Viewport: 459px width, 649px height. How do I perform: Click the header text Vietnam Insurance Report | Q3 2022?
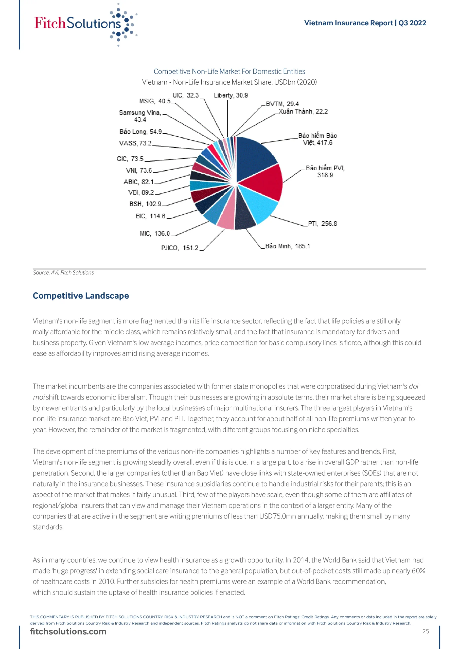365,23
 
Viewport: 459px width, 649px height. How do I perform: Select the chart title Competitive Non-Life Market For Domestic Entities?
229,71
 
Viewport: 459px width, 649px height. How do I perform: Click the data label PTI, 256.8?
322,224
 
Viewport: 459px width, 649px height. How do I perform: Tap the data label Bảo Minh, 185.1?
288,246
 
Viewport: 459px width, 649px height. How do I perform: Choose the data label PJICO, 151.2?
180,248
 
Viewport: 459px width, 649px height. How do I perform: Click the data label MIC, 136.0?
155,233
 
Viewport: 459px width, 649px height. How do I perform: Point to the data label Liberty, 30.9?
231,95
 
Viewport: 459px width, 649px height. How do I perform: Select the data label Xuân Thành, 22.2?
303,111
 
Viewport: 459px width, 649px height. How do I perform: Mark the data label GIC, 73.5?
130,159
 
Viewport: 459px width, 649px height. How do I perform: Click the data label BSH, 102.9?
145,204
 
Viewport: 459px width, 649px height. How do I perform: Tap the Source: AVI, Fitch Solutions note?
63,273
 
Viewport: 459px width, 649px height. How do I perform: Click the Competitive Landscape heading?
81,296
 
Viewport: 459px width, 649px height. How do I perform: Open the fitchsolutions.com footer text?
68,632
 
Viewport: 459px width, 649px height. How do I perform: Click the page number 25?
426,632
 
